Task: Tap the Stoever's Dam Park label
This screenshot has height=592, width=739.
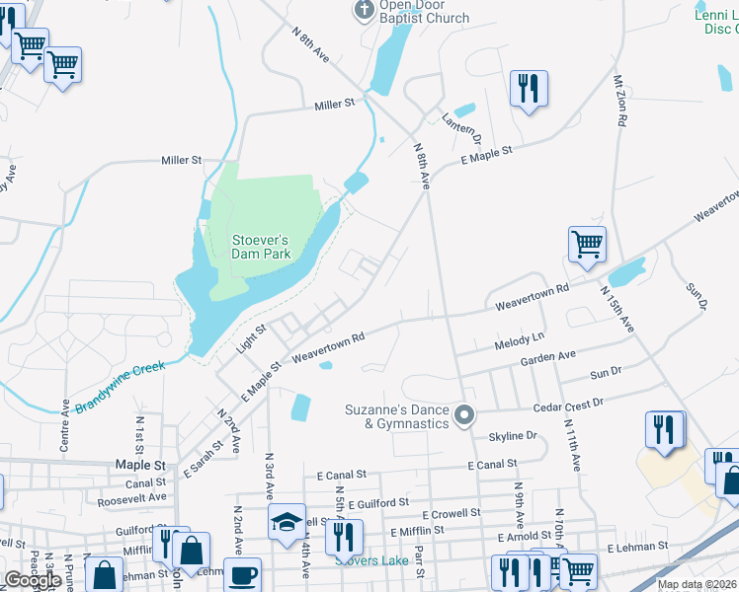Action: (x=261, y=246)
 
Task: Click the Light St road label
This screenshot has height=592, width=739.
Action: (x=252, y=339)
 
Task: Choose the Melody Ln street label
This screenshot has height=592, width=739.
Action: (x=519, y=341)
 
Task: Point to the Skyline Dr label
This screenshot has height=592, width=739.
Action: (x=512, y=435)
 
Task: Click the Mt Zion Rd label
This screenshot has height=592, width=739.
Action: (x=619, y=103)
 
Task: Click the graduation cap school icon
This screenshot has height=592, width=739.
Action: (x=287, y=522)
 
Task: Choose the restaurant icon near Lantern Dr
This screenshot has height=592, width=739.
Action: (x=529, y=88)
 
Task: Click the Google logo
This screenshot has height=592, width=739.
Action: (x=33, y=579)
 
